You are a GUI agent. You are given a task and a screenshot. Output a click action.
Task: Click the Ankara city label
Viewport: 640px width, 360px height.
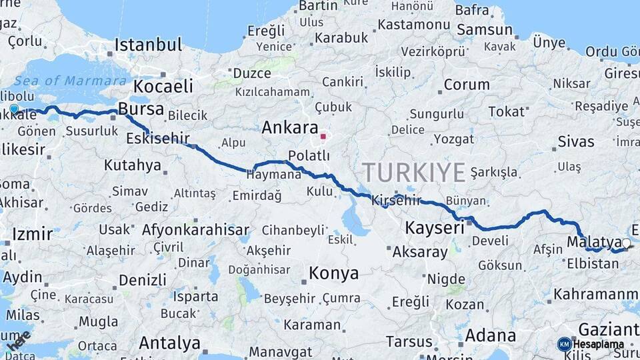(289, 127)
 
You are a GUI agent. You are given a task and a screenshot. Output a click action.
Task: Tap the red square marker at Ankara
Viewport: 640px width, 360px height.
(323, 137)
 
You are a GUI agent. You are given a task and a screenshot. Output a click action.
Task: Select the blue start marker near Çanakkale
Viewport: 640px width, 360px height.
(14, 109)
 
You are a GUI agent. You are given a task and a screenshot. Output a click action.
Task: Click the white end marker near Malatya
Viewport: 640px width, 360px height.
(626, 243)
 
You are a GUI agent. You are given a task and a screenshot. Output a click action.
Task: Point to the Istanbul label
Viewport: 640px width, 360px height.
(148, 45)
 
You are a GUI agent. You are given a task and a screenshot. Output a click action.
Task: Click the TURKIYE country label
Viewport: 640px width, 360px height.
(413, 173)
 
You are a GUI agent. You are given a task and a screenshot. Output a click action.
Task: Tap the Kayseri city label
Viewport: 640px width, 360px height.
(435, 228)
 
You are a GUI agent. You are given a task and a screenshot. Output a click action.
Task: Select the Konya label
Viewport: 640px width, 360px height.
(333, 273)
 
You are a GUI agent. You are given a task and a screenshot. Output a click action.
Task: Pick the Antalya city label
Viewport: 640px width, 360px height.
(169, 343)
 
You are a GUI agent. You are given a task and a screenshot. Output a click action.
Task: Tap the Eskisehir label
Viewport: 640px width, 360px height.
(157, 139)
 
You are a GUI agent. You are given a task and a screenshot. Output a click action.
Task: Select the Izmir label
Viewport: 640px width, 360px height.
(32, 235)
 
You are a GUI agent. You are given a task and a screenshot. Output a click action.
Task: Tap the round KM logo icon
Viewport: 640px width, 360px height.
(565, 344)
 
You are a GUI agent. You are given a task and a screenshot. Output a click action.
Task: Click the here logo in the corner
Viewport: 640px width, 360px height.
(18, 341)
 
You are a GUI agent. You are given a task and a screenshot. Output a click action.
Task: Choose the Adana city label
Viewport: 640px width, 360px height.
(490, 335)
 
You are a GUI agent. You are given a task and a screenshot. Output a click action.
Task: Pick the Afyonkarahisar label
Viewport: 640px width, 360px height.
(195, 231)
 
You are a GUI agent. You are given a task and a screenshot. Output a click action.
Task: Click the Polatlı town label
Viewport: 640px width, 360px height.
(309, 155)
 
